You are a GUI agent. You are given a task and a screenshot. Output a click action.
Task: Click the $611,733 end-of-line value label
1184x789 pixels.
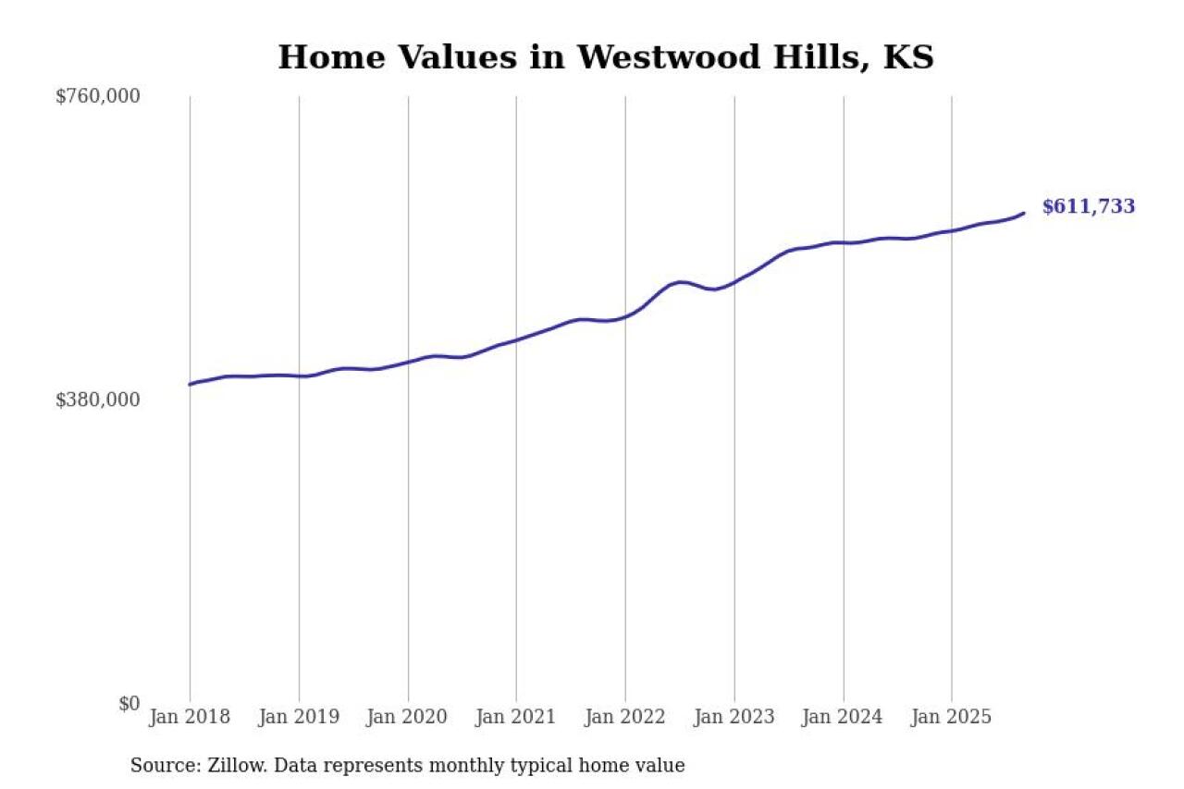[x=1088, y=207]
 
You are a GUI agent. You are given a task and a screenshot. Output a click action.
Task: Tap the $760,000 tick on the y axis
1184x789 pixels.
[x=98, y=96]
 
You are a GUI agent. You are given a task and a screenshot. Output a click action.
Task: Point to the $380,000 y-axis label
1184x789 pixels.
[x=98, y=400]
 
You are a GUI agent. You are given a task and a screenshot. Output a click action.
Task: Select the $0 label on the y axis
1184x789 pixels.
[x=129, y=703]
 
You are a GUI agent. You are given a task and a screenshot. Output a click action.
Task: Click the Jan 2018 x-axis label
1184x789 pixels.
[x=190, y=717]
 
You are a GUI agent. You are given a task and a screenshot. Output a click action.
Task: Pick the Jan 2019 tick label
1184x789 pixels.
[x=299, y=717]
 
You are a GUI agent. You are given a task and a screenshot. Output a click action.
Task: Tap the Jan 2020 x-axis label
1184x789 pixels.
[x=408, y=717]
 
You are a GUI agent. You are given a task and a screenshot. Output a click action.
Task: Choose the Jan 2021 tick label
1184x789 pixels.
[x=516, y=717]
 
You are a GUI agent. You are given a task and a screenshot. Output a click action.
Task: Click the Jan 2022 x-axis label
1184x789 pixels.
[x=625, y=717]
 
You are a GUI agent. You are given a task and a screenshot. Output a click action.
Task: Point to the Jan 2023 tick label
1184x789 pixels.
[x=734, y=717]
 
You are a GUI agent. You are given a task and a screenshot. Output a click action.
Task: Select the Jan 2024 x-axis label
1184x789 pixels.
[x=843, y=717]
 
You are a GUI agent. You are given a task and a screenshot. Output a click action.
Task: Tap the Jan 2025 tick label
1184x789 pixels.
[x=952, y=717]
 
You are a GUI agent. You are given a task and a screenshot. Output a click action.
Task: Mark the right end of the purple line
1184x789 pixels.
[x=1024, y=213]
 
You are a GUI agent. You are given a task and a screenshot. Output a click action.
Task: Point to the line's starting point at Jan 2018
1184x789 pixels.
[x=190, y=384]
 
